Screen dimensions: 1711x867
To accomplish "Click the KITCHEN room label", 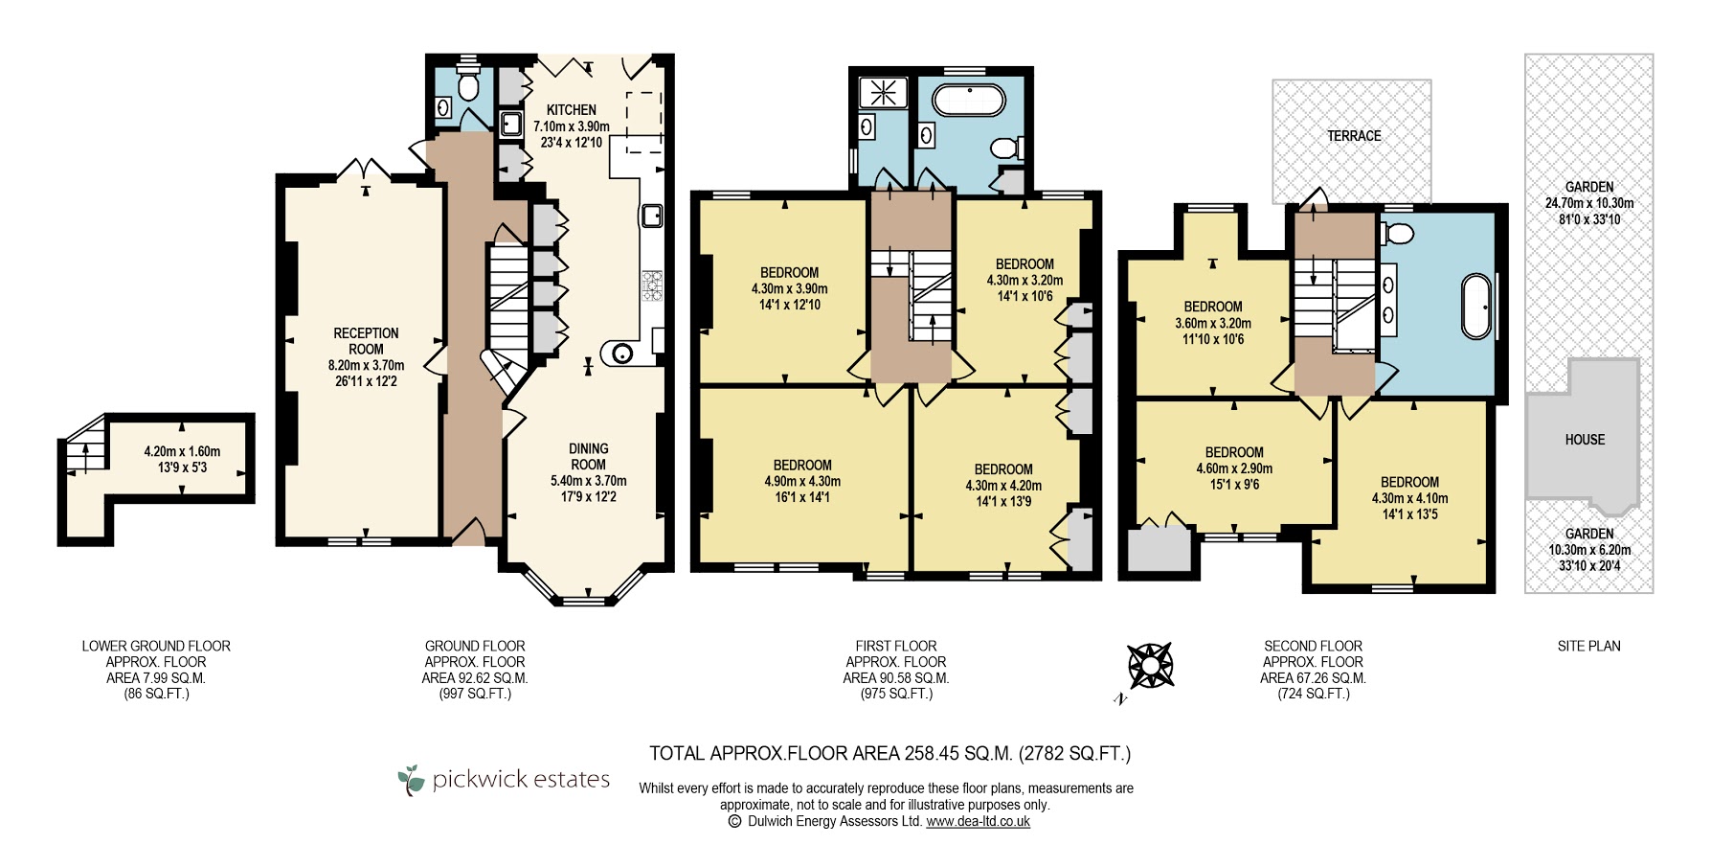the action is click(572, 110).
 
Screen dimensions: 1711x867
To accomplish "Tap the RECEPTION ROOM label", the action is click(366, 341).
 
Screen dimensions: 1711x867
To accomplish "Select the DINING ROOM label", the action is click(589, 456).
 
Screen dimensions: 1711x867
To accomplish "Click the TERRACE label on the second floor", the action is click(1354, 136).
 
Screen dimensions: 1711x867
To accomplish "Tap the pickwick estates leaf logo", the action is click(411, 780).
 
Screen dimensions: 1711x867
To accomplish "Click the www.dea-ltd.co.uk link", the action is click(978, 821).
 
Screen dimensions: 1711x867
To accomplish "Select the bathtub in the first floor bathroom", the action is click(969, 101).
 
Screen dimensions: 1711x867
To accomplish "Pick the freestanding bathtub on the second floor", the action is click(1476, 307).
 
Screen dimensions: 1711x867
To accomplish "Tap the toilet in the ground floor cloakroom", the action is click(468, 84).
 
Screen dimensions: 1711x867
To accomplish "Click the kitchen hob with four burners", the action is click(652, 285).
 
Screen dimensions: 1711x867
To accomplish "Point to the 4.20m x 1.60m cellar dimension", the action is click(182, 451).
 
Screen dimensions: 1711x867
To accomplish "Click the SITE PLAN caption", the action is click(1588, 646).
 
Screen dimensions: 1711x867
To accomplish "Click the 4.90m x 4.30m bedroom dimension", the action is click(802, 481).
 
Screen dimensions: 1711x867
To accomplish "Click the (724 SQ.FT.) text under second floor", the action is click(1313, 694).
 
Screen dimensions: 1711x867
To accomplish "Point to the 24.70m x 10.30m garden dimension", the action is click(1589, 203).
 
